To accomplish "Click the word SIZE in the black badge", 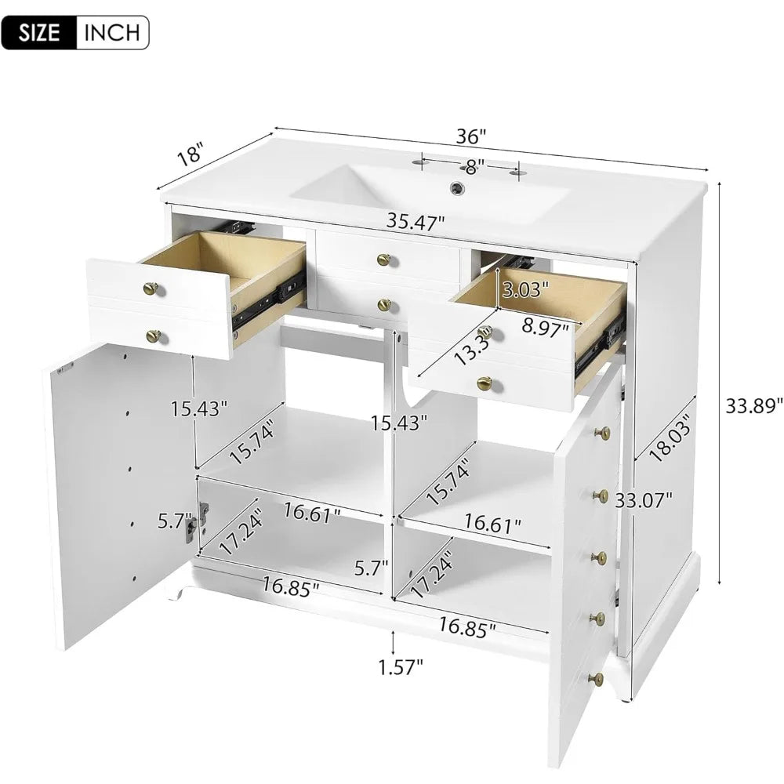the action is click(39, 32).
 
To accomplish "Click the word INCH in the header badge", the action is click(112, 32).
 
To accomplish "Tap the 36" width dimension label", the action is click(471, 136).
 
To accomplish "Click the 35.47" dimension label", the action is click(416, 222).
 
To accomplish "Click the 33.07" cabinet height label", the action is click(644, 499).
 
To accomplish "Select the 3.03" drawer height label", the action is click(525, 289).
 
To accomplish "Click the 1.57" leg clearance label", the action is click(401, 666).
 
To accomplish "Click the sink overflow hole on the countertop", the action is click(456, 187).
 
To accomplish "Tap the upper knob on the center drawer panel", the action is click(383, 260).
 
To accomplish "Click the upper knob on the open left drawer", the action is click(151, 289).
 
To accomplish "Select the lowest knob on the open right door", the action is click(596, 679).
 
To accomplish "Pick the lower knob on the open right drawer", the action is click(484, 383).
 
